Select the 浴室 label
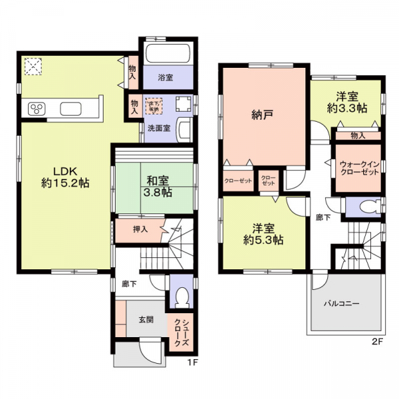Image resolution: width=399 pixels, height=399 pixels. pos(166,78)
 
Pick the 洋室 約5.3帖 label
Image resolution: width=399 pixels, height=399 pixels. pos(264,233)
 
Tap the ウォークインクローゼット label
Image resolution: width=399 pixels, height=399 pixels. pos(358,167)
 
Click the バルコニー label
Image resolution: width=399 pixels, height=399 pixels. pos(342,303)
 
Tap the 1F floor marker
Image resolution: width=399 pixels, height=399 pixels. pos(191,362)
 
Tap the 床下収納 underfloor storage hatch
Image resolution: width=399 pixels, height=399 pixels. pos(154,104)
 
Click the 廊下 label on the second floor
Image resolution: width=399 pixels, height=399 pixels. pos(323,217)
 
